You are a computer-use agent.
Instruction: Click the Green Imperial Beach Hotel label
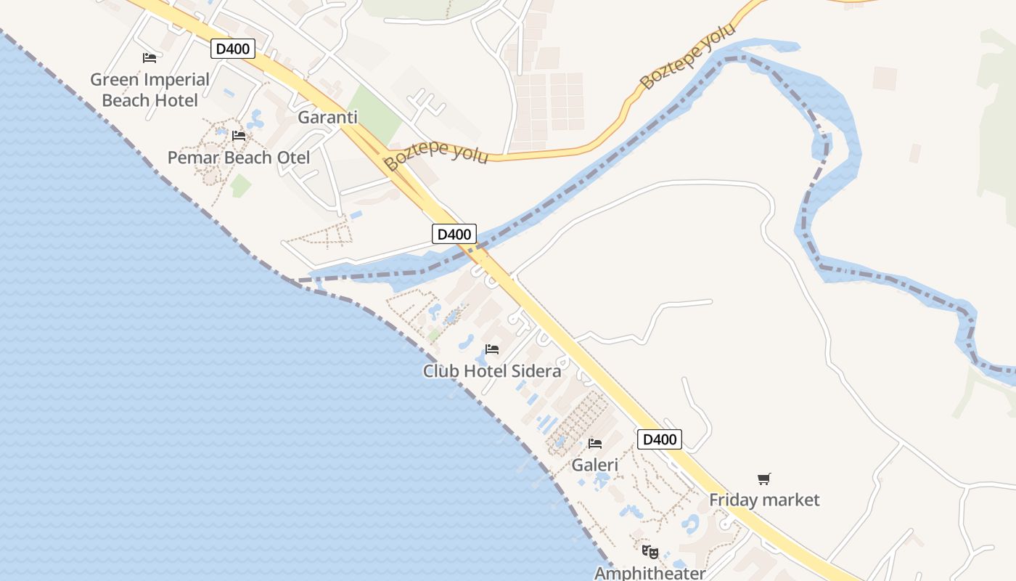pos(149,89)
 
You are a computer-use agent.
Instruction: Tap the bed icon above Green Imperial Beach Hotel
pos(149,57)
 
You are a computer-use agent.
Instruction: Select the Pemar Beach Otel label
pos(238,158)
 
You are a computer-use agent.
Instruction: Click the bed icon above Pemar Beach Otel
pos(238,135)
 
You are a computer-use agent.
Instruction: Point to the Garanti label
pos(327,118)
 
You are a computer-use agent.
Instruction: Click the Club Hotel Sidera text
pos(492,371)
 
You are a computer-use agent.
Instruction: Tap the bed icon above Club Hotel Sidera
pos(492,349)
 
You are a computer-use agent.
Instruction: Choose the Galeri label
pos(595,465)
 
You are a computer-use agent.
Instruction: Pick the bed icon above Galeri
pos(595,443)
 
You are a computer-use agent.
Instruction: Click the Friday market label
pos(764,500)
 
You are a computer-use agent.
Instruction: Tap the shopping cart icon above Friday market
pos(763,479)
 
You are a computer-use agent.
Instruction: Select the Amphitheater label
pos(650,573)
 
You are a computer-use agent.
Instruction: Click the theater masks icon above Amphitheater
pos(650,552)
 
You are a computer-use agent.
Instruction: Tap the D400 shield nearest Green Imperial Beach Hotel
pos(233,49)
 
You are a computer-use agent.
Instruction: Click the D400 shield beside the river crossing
pos(454,234)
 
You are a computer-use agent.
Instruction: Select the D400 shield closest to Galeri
pos(660,439)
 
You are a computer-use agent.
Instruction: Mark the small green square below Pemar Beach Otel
pos(240,185)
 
